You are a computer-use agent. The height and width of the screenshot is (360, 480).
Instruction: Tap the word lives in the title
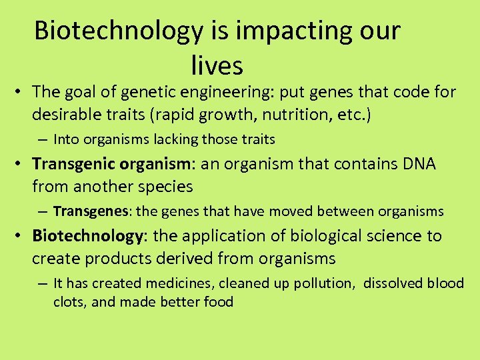(217, 65)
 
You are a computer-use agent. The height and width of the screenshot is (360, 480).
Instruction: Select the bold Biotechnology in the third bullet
(83, 236)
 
